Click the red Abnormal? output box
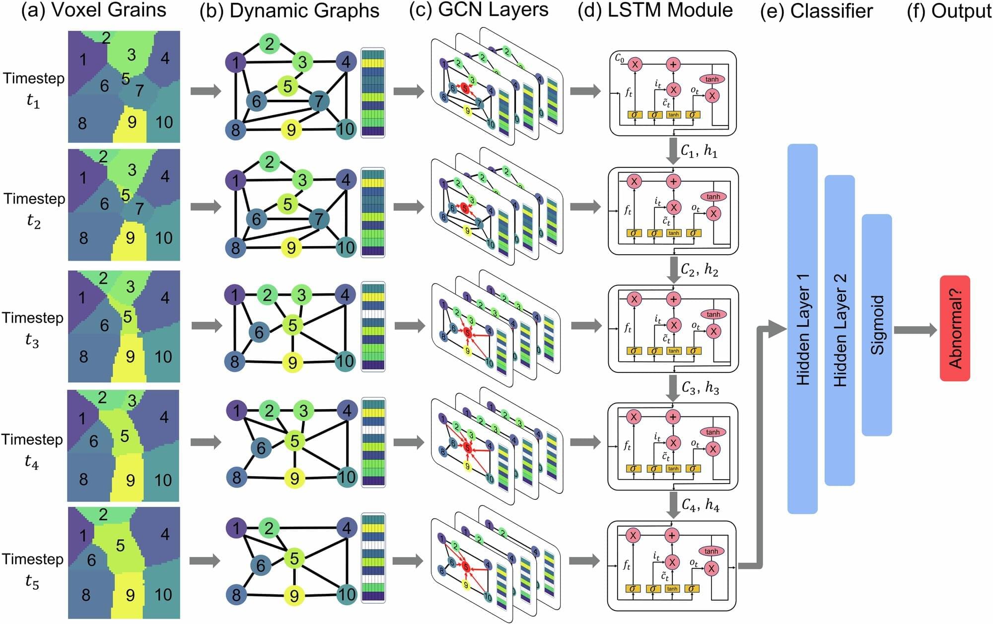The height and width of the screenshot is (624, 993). pyautogui.click(x=955, y=328)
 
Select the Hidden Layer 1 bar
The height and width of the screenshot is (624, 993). pyautogui.click(x=802, y=329)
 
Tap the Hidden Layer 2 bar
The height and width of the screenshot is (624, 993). pyautogui.click(x=840, y=330)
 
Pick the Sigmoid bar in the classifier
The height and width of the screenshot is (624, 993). pyautogui.click(x=877, y=325)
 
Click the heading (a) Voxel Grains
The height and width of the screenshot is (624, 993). pyautogui.click(x=93, y=10)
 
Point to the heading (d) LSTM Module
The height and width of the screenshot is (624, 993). pyautogui.click(x=655, y=10)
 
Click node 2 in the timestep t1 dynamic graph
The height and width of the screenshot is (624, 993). pyautogui.click(x=270, y=44)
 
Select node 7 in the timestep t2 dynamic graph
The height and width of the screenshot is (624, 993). pyautogui.click(x=319, y=218)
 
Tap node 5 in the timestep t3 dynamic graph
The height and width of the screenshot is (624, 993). pyautogui.click(x=293, y=325)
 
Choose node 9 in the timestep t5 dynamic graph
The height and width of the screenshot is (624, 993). pyautogui.click(x=294, y=595)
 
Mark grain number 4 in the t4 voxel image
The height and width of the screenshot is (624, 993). pyautogui.click(x=164, y=417)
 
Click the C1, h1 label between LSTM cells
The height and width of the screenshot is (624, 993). pyautogui.click(x=699, y=151)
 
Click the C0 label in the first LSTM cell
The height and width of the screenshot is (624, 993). pyautogui.click(x=620, y=58)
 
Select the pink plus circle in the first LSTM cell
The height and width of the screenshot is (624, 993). pyautogui.click(x=673, y=64)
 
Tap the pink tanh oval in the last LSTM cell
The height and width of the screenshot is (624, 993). pyautogui.click(x=711, y=551)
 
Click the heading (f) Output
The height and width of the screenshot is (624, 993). pyautogui.click(x=948, y=11)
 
